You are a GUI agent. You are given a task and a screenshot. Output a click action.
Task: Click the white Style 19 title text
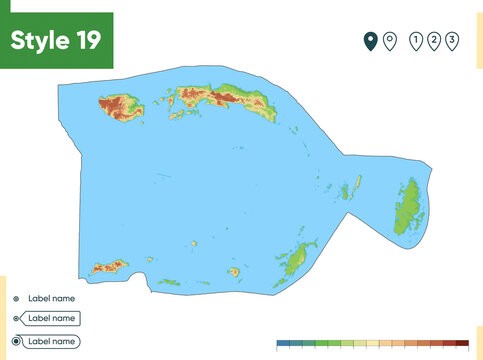coord(56,41)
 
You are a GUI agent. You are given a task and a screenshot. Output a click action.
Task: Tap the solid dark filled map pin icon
coord(370,40)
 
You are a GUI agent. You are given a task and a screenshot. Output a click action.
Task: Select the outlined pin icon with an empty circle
coord(389,40)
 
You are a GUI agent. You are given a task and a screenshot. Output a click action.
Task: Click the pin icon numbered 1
coord(415,40)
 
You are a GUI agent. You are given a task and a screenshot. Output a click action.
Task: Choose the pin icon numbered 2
coord(434,40)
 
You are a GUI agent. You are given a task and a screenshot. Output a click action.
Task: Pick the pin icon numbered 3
coord(453,40)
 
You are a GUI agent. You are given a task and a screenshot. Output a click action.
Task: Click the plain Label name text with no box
coord(51,298)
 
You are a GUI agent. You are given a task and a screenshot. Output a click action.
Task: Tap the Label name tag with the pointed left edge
coord(50,318)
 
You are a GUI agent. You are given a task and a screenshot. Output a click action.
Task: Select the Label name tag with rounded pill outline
coord(50,341)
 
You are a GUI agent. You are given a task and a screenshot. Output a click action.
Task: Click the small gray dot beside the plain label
coord(16,298)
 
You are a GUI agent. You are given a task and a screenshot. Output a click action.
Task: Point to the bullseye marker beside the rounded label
coord(16,341)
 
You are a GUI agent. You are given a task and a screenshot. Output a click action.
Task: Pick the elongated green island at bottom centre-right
coord(295,260)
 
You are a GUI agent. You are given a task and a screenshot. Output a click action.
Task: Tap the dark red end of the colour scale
coord(462,343)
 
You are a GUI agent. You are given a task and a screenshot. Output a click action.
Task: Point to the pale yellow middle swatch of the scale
coord(372,343)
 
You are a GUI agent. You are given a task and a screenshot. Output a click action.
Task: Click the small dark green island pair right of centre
coord(351,187)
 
